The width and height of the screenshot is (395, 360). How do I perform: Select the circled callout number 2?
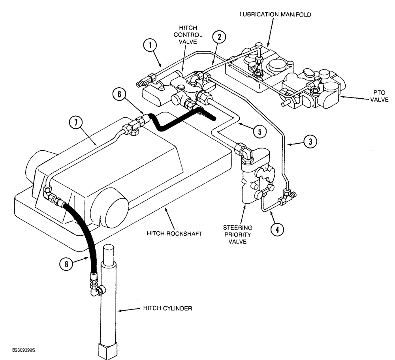pyautogui.click(x=219, y=37)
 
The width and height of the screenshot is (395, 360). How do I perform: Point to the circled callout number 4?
pyautogui.click(x=277, y=229)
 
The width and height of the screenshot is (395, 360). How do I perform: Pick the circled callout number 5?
pyautogui.click(x=260, y=132)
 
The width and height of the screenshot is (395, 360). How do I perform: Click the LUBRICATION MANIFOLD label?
pyautogui.click(x=275, y=15)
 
